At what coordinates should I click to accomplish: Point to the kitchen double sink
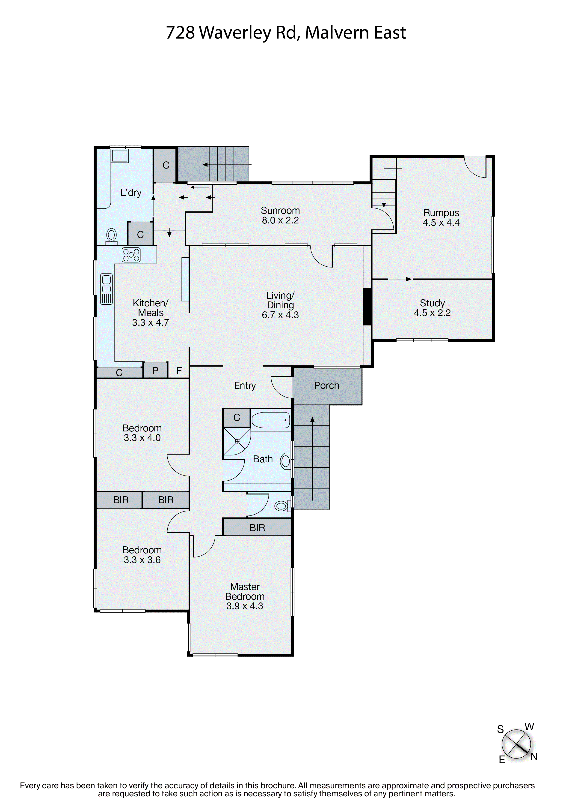click(107, 289)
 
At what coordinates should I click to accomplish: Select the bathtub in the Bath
click(271, 420)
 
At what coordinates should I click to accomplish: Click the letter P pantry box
click(155, 370)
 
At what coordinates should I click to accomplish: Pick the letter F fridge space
click(179, 371)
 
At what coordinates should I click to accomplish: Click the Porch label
click(326, 385)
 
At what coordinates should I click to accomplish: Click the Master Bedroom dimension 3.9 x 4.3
click(245, 606)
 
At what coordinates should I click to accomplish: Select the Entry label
click(245, 385)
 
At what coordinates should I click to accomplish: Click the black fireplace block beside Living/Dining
click(367, 307)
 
